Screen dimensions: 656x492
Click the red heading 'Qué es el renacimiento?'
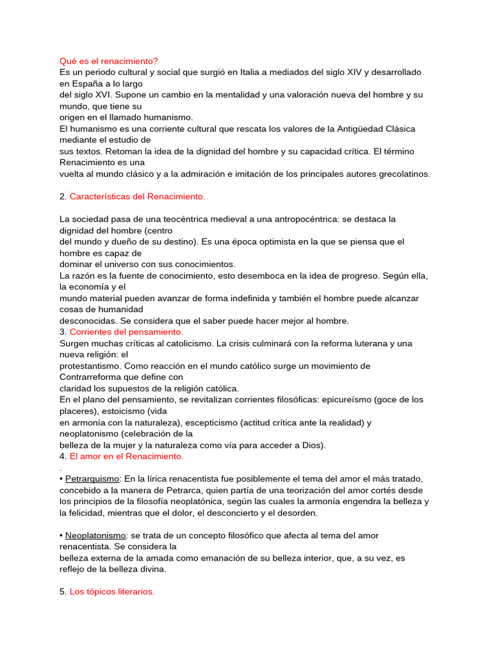tap(108, 61)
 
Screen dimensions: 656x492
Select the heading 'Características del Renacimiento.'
tap(137, 196)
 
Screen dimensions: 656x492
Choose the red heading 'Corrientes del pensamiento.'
tap(126, 332)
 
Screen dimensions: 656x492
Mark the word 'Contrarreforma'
tap(90, 377)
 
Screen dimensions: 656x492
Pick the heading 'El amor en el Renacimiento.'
tap(126, 456)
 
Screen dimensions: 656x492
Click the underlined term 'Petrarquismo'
tap(92, 479)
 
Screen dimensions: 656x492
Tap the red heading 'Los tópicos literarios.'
tap(112, 591)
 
